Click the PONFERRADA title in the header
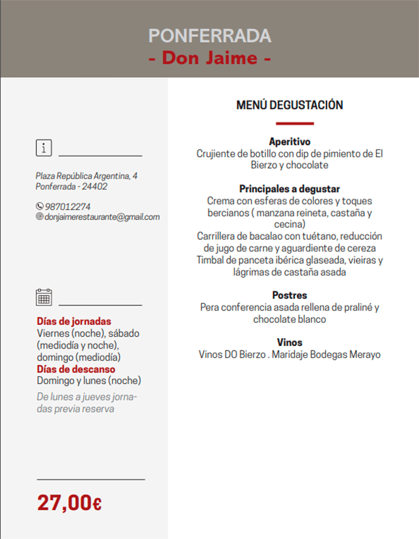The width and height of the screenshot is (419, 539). point(210,36)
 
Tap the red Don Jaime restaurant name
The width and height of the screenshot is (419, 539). point(210,58)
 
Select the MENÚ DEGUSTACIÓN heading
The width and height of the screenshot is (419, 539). point(290,105)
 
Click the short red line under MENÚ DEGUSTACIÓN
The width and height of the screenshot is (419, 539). point(294,123)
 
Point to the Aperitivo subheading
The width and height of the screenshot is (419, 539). point(290,142)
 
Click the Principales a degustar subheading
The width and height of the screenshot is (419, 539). point(290,188)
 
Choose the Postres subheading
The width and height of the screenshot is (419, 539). point(290,295)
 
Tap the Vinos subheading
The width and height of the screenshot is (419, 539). point(290,342)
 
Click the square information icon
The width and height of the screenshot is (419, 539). point(44,148)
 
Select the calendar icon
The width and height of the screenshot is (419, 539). point(44,297)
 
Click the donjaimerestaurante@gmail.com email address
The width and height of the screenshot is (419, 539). point(102,217)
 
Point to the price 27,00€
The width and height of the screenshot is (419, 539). point(69,503)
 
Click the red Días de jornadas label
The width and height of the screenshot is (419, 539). point(74,322)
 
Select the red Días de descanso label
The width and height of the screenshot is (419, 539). point(75,369)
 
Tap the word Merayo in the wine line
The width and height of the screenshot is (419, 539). point(365,354)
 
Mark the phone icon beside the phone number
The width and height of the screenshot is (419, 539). point(40,207)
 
